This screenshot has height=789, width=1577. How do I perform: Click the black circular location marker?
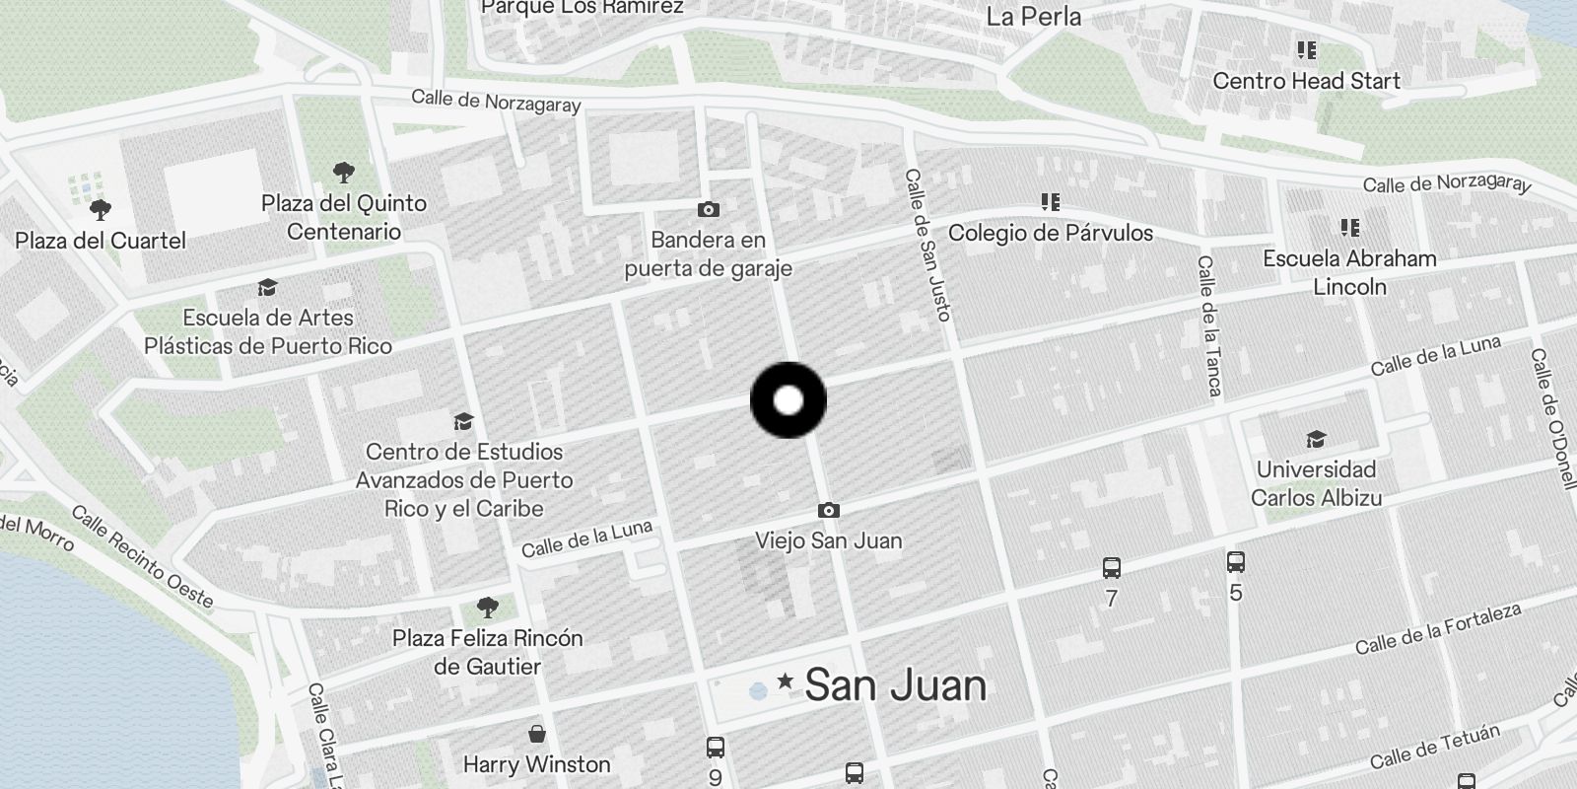click(788, 400)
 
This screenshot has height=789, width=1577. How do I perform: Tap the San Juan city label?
click(895, 685)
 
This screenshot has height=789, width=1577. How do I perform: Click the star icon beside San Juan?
click(786, 681)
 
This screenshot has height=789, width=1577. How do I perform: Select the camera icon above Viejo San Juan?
click(829, 510)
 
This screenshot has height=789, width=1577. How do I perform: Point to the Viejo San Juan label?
click(829, 540)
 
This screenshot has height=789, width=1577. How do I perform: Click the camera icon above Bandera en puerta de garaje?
click(708, 209)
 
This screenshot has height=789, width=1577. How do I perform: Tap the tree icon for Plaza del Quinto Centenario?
click(344, 174)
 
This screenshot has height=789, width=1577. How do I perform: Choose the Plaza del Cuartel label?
click(101, 241)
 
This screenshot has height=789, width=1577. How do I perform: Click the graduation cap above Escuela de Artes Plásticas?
click(267, 288)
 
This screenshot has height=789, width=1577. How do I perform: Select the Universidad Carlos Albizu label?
click(1316, 483)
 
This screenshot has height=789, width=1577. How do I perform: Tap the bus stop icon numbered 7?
click(1112, 568)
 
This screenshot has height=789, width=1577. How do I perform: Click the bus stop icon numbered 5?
click(1236, 562)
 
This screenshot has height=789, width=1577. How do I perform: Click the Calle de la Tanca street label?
click(1209, 325)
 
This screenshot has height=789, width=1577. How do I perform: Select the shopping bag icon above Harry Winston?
click(537, 734)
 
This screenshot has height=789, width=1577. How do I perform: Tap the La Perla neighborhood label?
click(1034, 17)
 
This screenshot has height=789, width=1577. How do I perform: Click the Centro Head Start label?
click(1306, 81)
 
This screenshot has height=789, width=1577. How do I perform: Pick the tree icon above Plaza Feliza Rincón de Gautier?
click(487, 606)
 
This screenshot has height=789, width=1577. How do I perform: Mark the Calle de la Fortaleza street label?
click(1438, 629)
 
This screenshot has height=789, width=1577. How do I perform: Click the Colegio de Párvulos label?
click(1051, 233)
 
